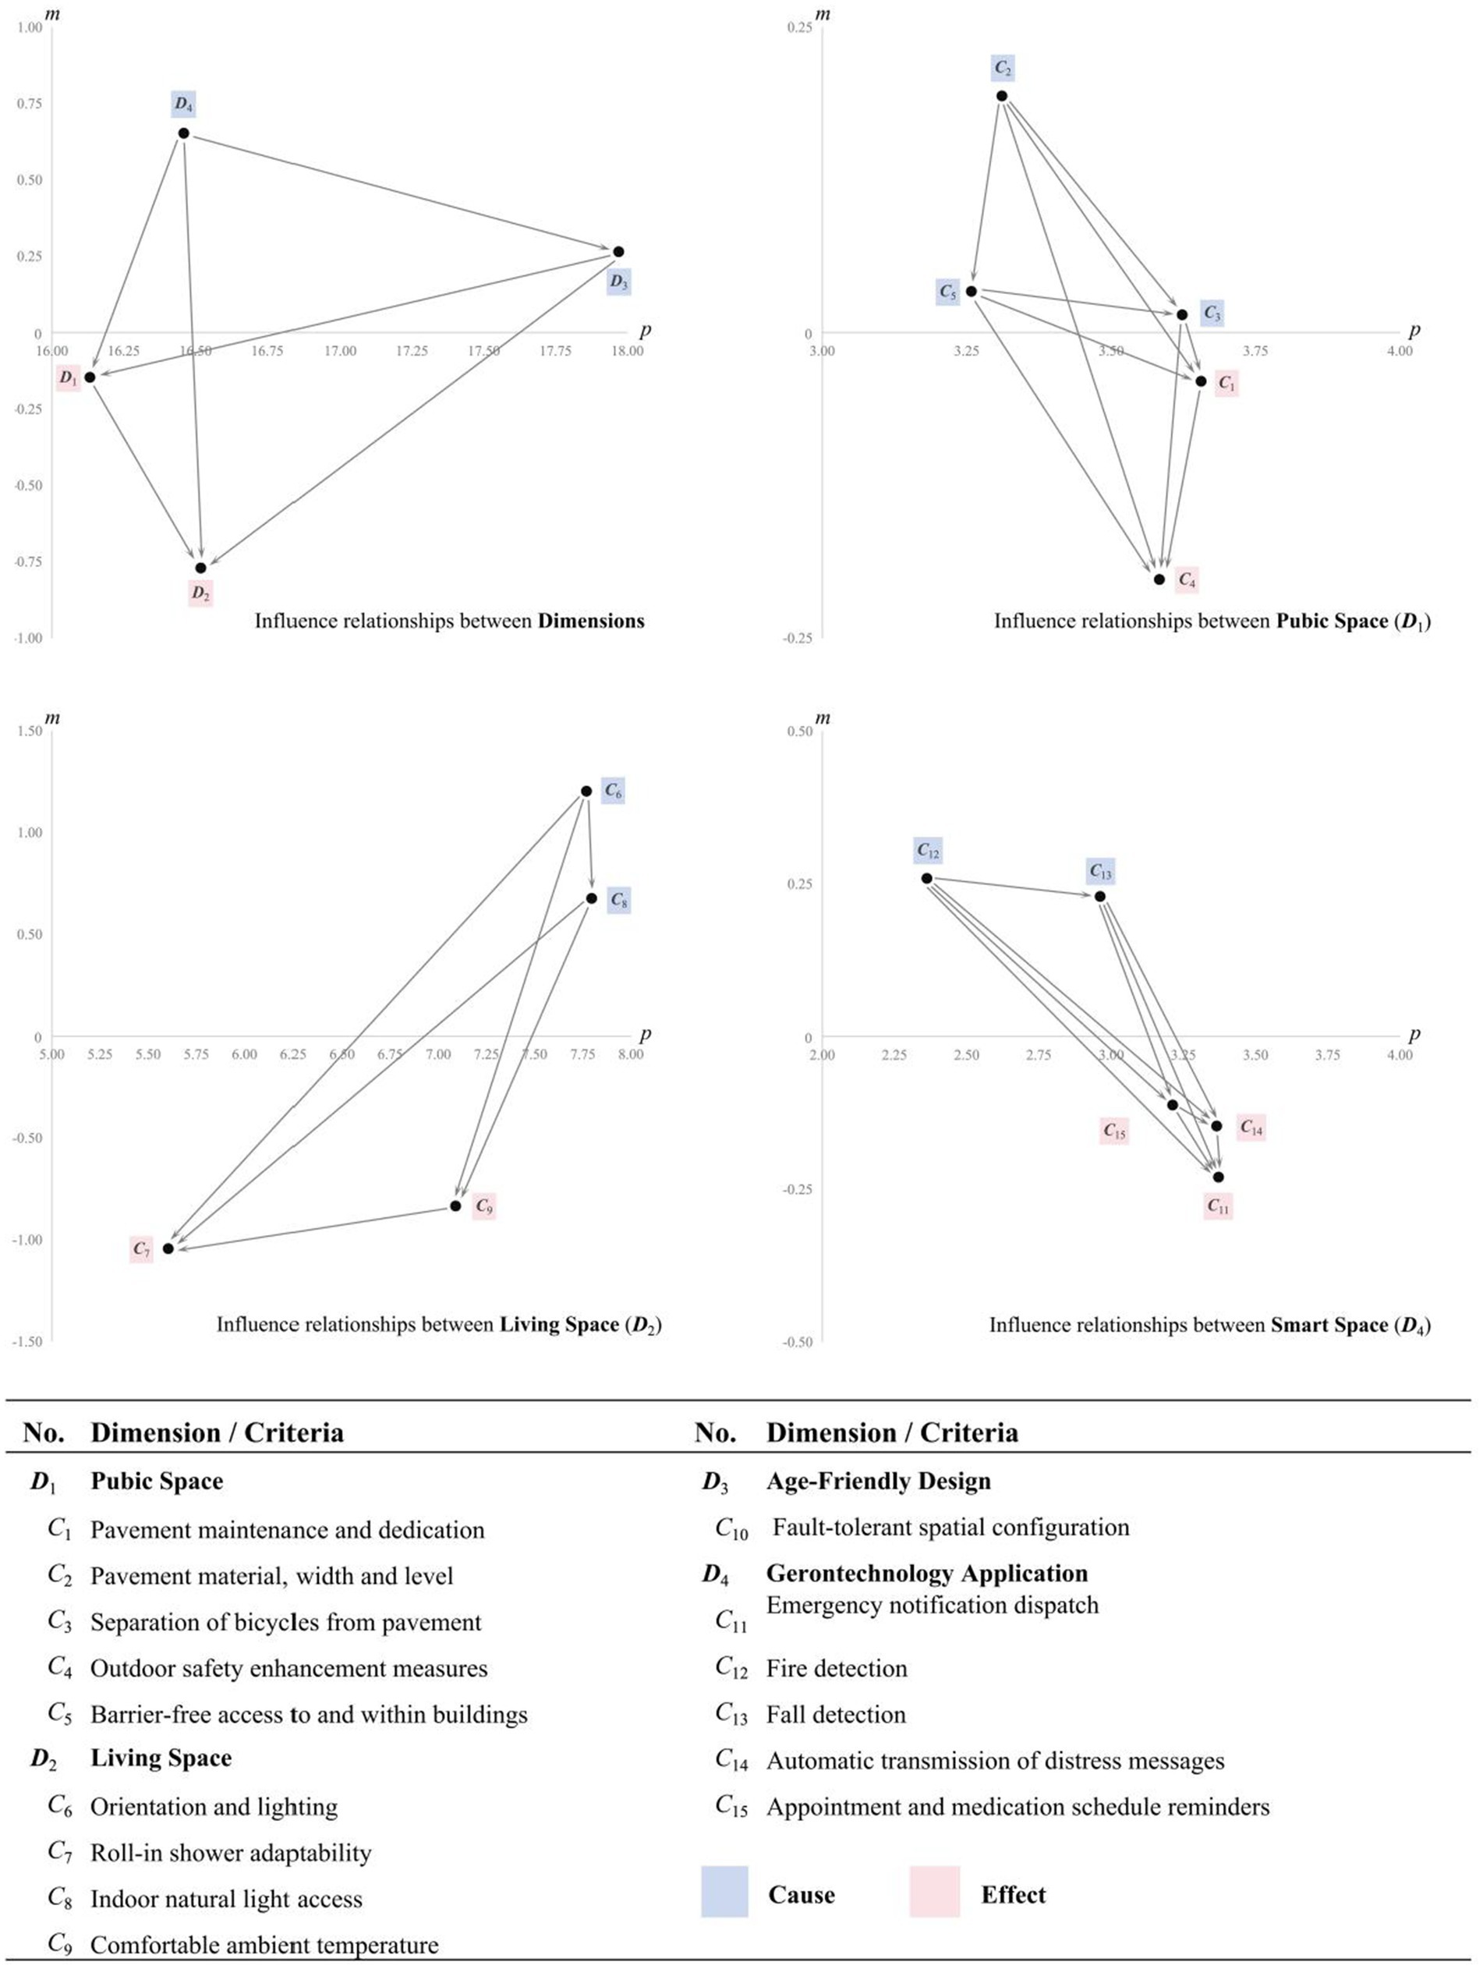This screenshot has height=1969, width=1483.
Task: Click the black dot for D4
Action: coord(183,133)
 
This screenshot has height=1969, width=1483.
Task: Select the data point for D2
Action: coord(201,568)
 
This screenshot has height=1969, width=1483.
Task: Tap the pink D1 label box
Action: coord(68,377)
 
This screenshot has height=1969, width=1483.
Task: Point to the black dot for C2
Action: coord(1001,96)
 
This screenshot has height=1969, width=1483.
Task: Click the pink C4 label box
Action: coord(1187,580)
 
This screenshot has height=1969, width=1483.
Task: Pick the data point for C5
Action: coord(972,291)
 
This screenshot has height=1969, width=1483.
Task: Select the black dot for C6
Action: coord(586,791)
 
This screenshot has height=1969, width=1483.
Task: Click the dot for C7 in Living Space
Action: coord(168,1249)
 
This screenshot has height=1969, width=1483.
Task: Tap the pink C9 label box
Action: coord(483,1207)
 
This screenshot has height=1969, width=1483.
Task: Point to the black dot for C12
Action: coord(926,879)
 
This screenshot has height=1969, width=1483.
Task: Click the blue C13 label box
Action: coord(1100,872)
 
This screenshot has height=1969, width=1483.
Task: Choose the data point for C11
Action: coord(1219,1177)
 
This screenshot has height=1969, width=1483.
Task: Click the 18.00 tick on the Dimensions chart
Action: coord(627,351)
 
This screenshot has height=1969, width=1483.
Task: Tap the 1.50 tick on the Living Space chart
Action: coord(30,731)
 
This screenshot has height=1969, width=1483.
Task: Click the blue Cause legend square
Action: coord(724,1895)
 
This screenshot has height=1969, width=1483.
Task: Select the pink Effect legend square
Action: coord(935,1895)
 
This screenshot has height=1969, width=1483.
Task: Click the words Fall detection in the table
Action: coord(836,1715)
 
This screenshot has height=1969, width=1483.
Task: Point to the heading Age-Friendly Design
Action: coord(878,1481)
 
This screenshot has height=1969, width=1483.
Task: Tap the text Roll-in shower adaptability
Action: coord(231,1854)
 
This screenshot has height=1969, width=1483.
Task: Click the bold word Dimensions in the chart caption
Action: coord(590,621)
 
